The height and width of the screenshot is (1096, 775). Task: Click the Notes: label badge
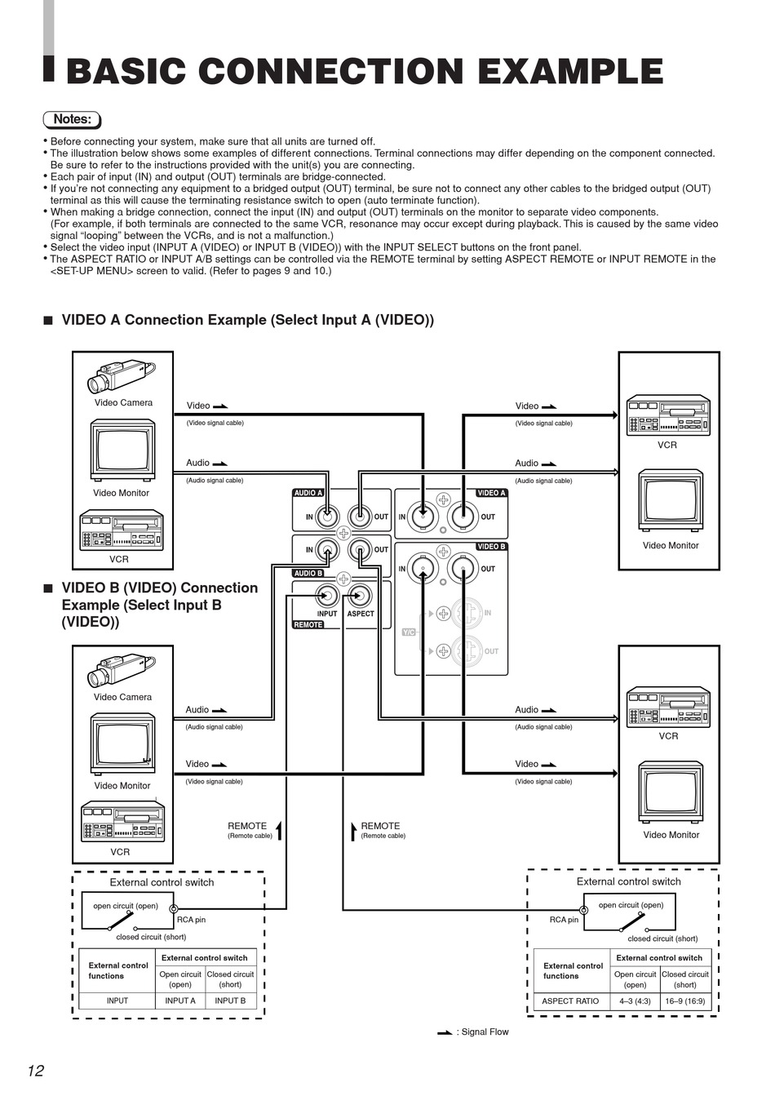tap(72, 119)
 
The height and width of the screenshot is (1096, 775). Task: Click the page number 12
tap(35, 1071)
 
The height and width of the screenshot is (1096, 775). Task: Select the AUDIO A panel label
tap(308, 493)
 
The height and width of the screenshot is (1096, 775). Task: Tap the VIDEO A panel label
tap(491, 493)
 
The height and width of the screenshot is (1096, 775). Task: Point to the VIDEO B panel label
tap(491, 547)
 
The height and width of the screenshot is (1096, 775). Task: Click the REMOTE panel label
tap(308, 625)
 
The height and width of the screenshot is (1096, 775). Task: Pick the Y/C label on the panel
tap(409, 632)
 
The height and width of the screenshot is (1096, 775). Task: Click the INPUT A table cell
tap(180, 1001)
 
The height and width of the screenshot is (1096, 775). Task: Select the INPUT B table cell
tap(230, 1001)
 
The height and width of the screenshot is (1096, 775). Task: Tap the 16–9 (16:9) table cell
tap(685, 1001)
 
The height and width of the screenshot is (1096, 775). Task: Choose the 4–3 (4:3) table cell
tap(635, 1001)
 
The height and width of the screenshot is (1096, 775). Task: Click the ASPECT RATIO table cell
tap(570, 1001)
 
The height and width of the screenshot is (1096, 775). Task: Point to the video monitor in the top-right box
tap(670, 501)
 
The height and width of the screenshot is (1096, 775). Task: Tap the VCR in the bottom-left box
tap(122, 821)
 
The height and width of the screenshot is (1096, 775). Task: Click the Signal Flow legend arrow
tap(445, 1032)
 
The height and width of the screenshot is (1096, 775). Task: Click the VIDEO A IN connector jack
tap(423, 516)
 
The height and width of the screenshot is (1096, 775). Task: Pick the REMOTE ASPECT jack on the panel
tap(359, 596)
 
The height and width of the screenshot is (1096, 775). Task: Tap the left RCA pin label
tap(191, 920)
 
